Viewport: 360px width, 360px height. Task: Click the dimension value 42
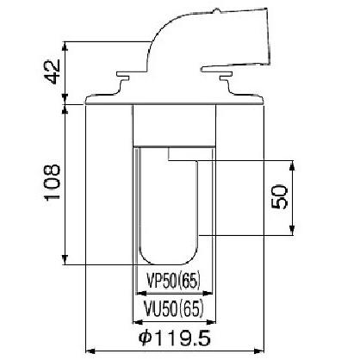pos(53,71)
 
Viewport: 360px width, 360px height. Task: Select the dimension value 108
pos(52,182)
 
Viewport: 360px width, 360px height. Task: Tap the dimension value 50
pos(279,196)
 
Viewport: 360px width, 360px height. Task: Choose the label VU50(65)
pos(174,308)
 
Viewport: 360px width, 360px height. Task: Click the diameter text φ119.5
pos(175,338)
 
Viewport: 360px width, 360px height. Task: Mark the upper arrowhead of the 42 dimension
pos(65,47)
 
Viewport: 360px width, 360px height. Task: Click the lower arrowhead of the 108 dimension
pos(65,259)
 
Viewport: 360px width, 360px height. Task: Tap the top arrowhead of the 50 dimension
pos(292,165)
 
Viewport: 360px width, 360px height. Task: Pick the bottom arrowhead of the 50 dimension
pos(292,230)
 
